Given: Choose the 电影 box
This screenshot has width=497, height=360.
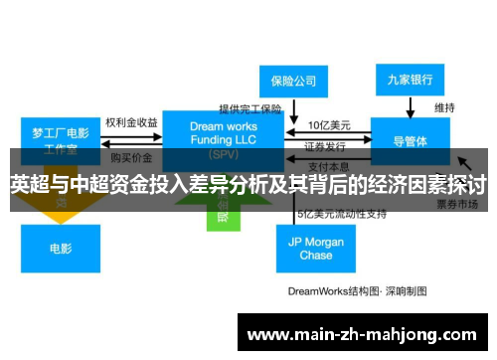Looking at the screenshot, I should [60, 249].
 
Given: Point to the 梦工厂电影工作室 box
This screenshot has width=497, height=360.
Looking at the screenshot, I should [60, 140].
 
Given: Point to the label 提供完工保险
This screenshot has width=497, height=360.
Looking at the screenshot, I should [250, 108].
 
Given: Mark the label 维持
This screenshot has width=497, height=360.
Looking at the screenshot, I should [444, 107].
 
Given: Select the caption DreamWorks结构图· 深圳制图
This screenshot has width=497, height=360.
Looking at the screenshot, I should [357, 291].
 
